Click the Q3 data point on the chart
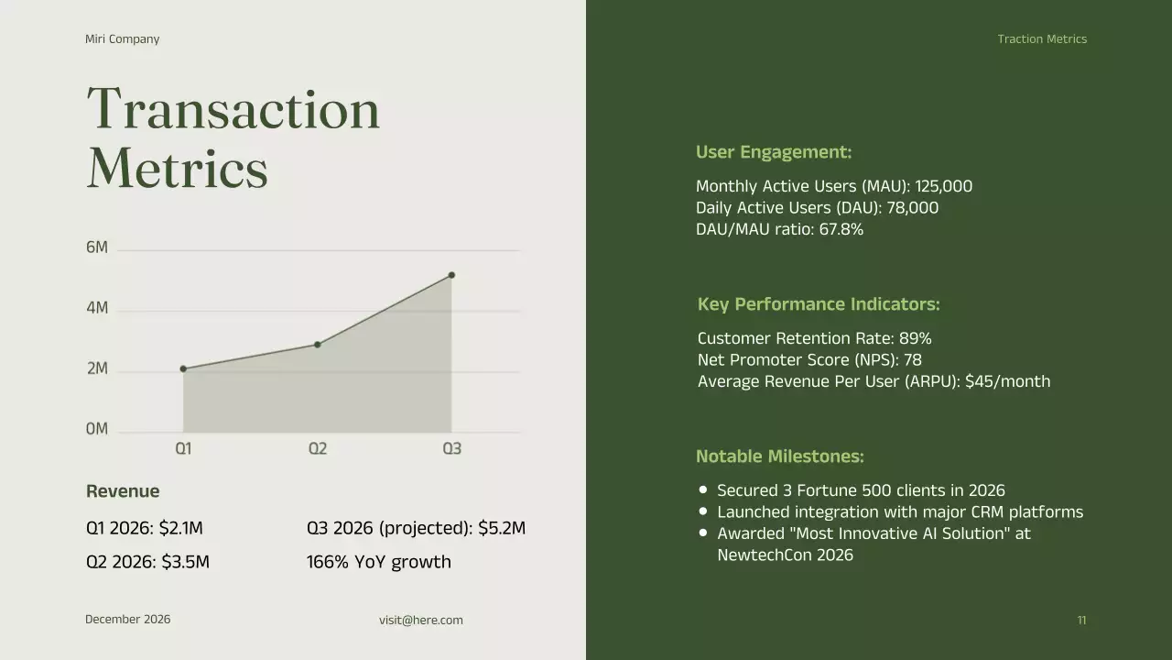point(451,275)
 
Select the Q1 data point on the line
point(183,368)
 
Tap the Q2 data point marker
point(318,345)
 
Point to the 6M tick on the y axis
point(97,247)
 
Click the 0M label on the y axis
point(97,429)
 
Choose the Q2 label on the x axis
point(317,448)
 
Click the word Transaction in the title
point(233,110)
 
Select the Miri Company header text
point(122,39)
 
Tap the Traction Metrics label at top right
point(1042,39)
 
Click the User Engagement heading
point(773,152)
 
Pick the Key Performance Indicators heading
point(818,304)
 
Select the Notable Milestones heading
point(779,456)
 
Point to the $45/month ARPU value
point(1007,381)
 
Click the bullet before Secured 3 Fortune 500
point(703,490)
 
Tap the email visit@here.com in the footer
point(421,621)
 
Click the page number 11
point(1081,621)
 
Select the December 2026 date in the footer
point(127,620)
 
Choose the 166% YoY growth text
point(378,562)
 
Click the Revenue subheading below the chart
point(123,491)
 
